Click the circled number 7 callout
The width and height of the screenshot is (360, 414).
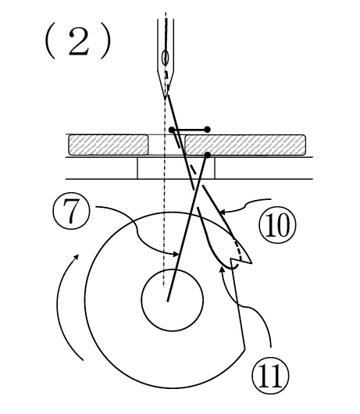point(72,212)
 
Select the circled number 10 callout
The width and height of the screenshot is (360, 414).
point(277,225)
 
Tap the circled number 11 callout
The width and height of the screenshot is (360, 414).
point(270,375)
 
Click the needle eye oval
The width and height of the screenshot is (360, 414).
point(166,58)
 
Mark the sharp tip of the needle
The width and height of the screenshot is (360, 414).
point(166,99)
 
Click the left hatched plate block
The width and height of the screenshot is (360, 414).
point(109,145)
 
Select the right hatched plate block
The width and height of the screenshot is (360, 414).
point(245,145)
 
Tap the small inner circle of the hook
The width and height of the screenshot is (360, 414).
point(173,300)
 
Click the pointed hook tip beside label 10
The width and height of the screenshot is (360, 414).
point(251,262)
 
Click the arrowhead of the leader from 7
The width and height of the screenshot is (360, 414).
point(176,255)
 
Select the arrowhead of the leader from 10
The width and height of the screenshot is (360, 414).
point(221,212)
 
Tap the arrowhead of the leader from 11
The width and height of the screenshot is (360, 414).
point(223,269)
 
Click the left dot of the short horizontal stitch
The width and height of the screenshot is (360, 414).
point(172,130)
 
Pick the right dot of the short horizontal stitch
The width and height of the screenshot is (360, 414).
point(208,130)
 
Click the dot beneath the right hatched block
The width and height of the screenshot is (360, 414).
point(208,155)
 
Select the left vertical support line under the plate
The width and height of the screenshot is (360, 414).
point(137,168)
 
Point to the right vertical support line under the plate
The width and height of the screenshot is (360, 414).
point(215,168)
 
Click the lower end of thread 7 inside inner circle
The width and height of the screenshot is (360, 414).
point(167,301)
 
